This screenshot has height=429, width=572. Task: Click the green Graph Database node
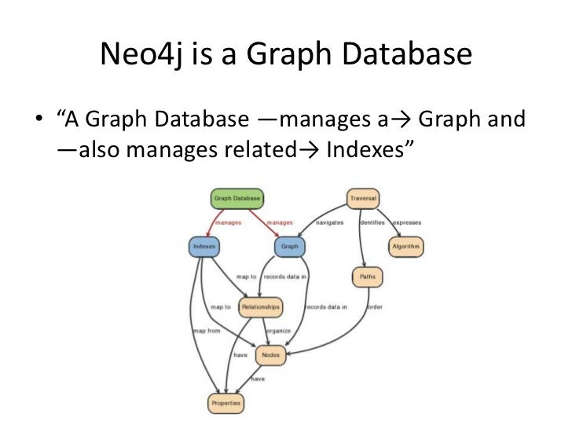[236, 199]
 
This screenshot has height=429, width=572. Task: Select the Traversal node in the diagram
[364, 199]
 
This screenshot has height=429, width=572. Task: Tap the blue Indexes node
[203, 246]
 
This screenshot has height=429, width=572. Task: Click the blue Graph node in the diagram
[289, 246]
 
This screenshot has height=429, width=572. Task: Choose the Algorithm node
[406, 246]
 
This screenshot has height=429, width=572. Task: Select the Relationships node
[259, 306]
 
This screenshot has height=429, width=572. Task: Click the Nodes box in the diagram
[270, 354]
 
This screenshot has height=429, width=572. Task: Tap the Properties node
[226, 403]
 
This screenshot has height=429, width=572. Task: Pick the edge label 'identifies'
[372, 222]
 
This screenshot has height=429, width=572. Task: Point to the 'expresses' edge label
[408, 222]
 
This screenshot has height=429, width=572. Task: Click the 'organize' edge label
[278, 330]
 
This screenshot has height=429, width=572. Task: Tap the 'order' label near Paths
[375, 306]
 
